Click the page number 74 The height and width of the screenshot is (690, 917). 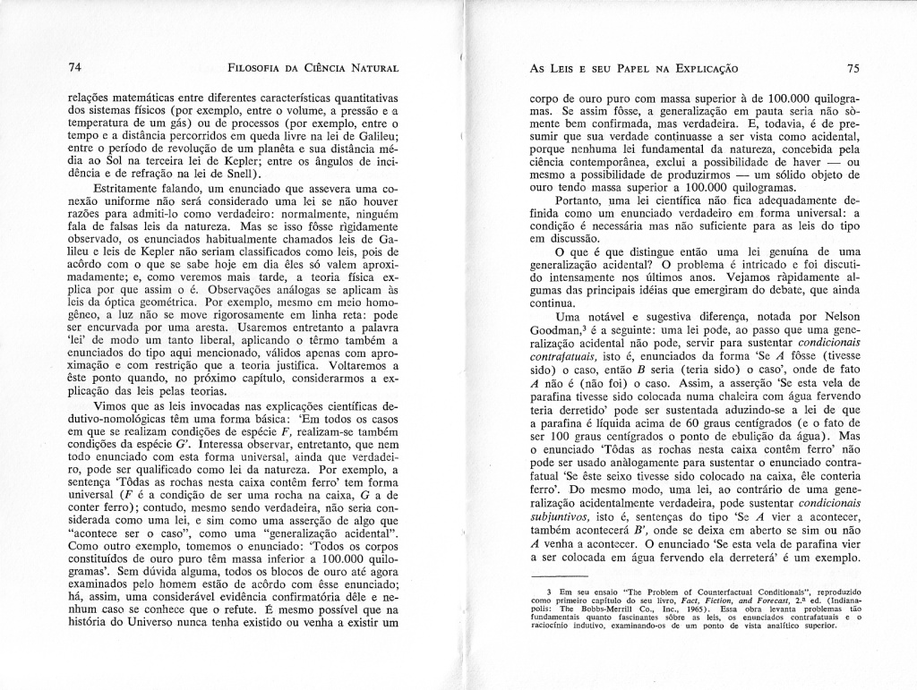tap(74, 68)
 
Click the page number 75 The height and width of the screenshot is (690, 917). tap(852, 68)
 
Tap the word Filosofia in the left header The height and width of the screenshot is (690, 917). tap(258, 68)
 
